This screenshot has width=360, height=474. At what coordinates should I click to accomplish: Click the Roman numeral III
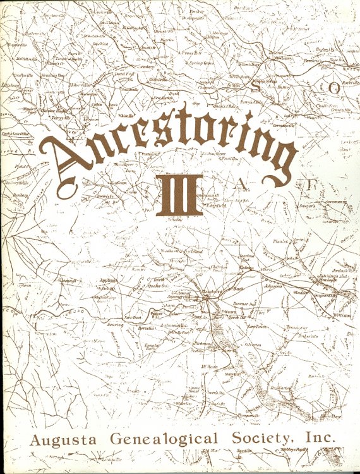[x=181, y=195]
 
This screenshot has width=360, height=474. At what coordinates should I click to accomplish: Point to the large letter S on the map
[x=255, y=86]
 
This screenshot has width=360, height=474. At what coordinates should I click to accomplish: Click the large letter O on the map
[x=333, y=88]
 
